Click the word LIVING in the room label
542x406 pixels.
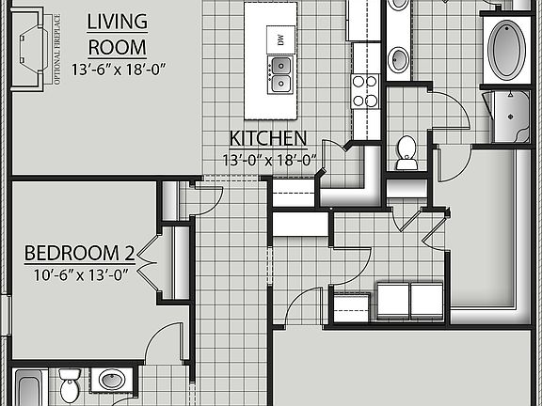coord(117,21)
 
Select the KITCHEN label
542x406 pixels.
coord(267,139)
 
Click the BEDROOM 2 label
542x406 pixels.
coord(80,253)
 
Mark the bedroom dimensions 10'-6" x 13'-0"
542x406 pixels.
coord(79,274)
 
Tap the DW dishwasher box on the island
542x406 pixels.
coord(279,39)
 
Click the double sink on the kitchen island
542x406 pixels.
coord(279,75)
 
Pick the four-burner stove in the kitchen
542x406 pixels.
coord(365,90)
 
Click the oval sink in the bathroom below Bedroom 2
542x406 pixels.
coord(113,382)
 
